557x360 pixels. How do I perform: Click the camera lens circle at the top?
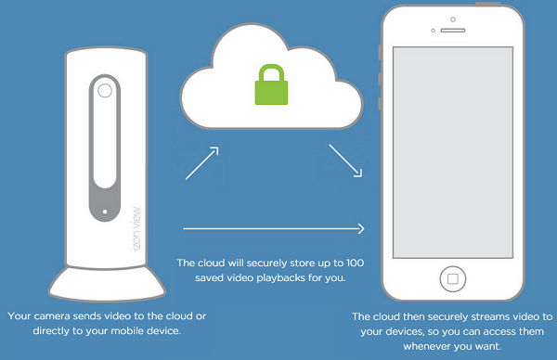(104, 93)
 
